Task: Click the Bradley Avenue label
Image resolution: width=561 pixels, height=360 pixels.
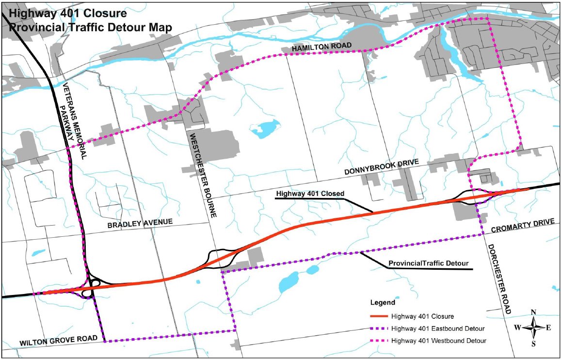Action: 140,223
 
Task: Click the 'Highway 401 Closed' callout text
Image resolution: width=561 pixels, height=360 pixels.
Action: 310,194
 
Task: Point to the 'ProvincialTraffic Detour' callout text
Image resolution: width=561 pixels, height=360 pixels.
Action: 428,263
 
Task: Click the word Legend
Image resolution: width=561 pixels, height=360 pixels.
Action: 383,302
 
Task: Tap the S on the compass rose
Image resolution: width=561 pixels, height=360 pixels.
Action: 533,344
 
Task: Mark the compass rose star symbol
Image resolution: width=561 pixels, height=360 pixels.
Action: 533,328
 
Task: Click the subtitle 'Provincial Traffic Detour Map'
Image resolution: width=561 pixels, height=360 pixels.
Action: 90,27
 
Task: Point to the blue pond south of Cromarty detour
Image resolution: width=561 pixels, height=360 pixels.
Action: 289,281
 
